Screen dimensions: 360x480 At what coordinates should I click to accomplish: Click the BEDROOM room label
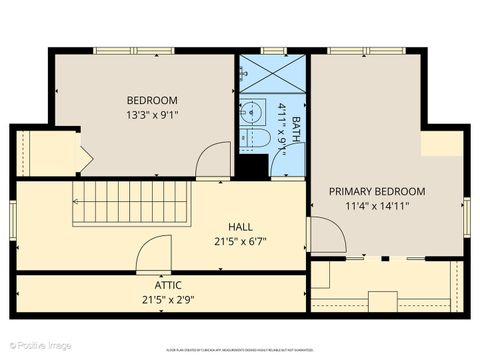click(x=152, y=100)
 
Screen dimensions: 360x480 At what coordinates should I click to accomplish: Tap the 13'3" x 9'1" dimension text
click(x=152, y=115)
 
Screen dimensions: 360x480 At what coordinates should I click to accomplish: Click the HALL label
click(x=240, y=226)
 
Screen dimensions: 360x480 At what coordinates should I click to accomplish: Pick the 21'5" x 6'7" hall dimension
click(x=240, y=241)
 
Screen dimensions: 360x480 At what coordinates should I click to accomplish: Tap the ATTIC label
click(x=154, y=285)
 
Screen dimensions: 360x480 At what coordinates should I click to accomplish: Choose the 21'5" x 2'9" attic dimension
click(x=154, y=299)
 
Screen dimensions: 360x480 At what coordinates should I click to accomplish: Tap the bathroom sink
click(x=251, y=112)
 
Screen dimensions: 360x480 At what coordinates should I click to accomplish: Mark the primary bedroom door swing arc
click(x=327, y=235)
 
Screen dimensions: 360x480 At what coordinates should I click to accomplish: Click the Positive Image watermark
click(x=40, y=346)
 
